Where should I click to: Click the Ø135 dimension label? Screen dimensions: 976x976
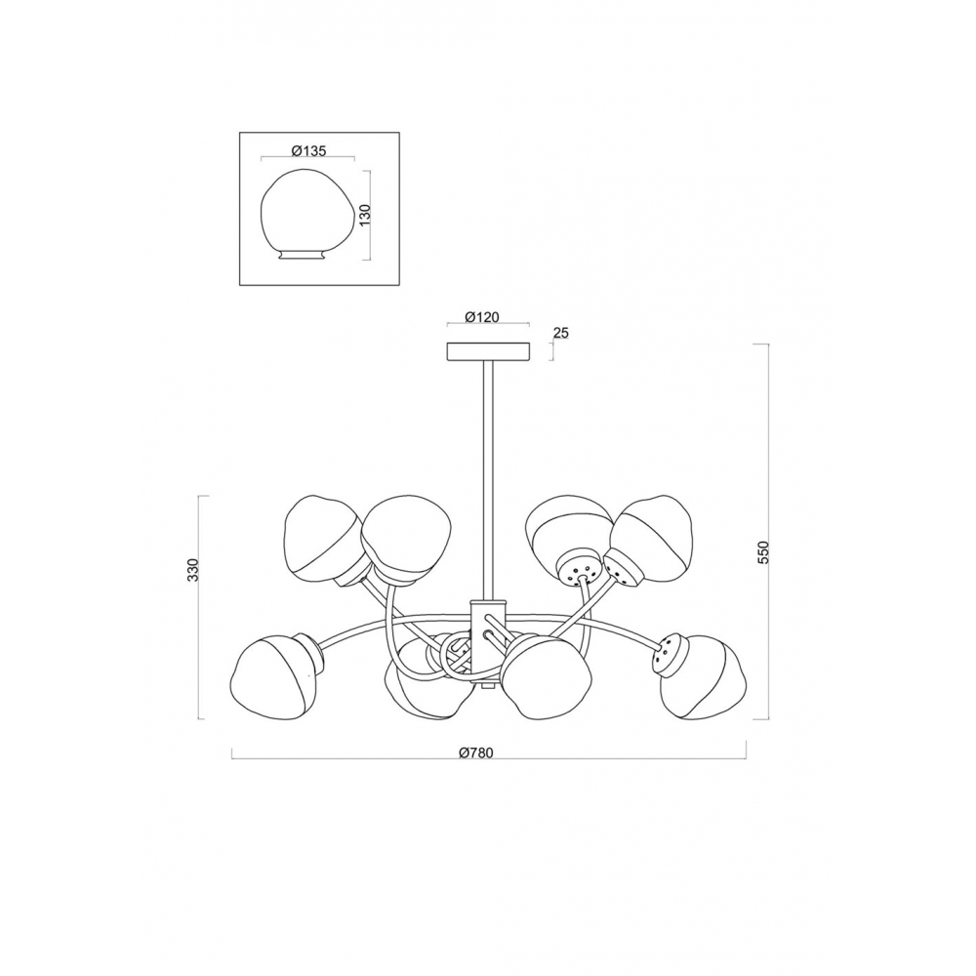308,151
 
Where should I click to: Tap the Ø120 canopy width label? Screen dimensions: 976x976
482,317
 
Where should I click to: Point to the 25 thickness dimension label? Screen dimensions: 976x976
561,334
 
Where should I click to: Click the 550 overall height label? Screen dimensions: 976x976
764,552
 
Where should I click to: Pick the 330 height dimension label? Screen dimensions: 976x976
193,570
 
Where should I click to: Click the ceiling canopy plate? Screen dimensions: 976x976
489,351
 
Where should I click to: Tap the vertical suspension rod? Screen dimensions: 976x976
489,480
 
